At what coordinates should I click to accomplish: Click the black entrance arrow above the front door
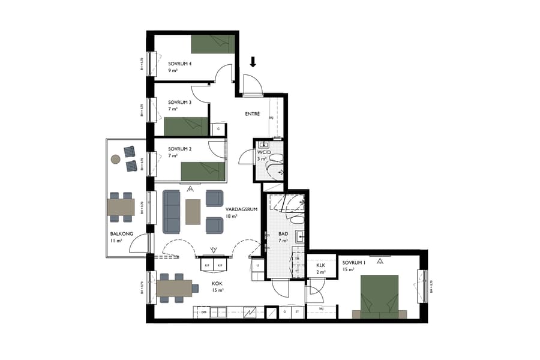tap(253, 61)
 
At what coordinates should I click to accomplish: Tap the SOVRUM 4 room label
tap(179, 64)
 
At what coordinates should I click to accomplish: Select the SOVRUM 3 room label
tap(179, 102)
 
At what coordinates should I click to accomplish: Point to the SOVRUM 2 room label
tap(179, 148)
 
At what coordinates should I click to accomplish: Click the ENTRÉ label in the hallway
tap(252, 114)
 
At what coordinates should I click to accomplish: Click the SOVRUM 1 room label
tap(354, 263)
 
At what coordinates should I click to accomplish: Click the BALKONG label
tap(116, 235)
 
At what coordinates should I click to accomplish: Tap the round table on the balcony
tap(115, 160)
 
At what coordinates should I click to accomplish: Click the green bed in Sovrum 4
tap(211, 44)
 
